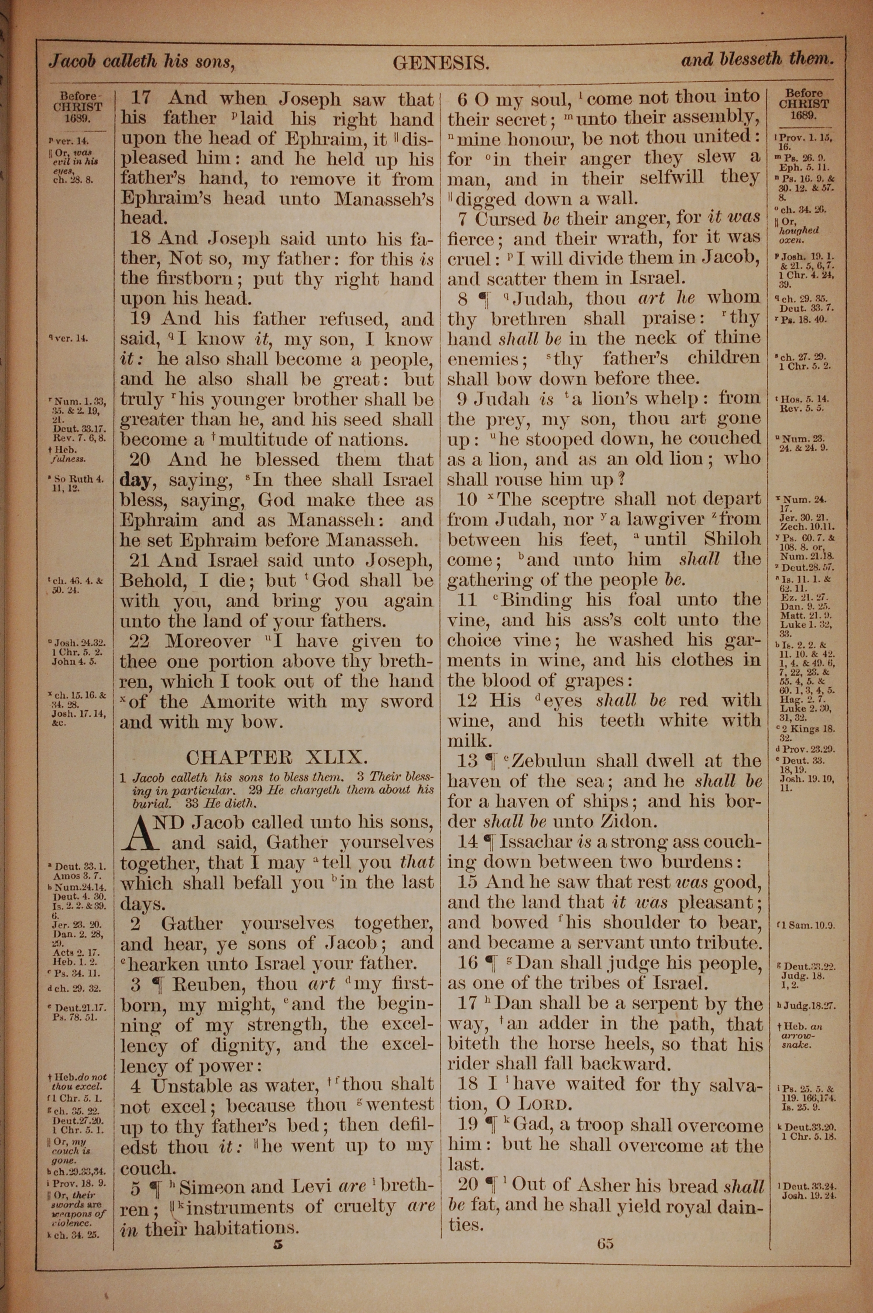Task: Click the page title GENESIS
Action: [441, 63]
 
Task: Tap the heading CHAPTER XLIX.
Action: [276, 757]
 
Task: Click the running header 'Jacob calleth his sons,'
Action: [140, 61]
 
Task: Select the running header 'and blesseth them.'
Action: [757, 59]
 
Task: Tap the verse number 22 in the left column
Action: [139, 641]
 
